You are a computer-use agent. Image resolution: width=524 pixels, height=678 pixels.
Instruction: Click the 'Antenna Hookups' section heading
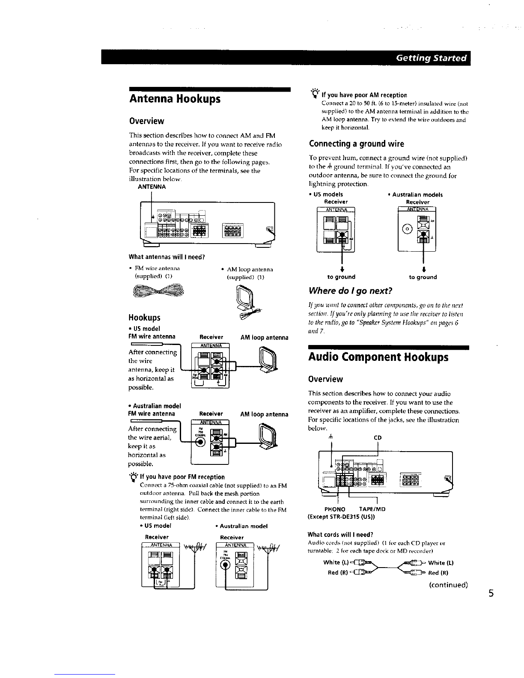[x=175, y=99]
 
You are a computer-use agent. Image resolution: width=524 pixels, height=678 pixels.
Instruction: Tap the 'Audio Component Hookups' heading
[x=378, y=357]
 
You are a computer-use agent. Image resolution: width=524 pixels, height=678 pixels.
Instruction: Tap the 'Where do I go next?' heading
[x=351, y=291]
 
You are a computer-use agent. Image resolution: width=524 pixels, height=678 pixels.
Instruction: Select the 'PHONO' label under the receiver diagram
[x=335, y=509]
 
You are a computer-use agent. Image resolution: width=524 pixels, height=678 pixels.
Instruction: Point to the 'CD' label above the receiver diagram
[x=378, y=438]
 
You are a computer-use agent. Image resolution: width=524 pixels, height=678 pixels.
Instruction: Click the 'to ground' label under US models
[x=341, y=277]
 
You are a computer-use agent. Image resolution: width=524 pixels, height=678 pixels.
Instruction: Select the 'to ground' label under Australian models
[x=423, y=277]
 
